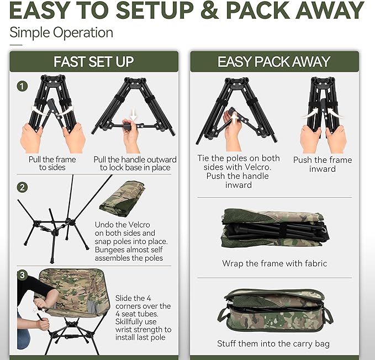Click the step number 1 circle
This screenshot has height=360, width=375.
[x=22, y=86]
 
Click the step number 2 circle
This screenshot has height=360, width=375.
[x=22, y=187]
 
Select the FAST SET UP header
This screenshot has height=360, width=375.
[x=94, y=61]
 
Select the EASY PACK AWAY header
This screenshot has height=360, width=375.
[x=274, y=61]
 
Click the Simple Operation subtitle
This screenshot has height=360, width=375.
[x=61, y=32]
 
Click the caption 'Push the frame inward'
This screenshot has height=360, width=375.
[x=322, y=165]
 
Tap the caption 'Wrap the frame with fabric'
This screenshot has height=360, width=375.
[x=274, y=263]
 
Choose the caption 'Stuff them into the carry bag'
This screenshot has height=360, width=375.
[x=273, y=343]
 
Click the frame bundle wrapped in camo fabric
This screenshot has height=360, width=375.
[x=274, y=227]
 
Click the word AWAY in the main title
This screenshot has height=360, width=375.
[x=323, y=10]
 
